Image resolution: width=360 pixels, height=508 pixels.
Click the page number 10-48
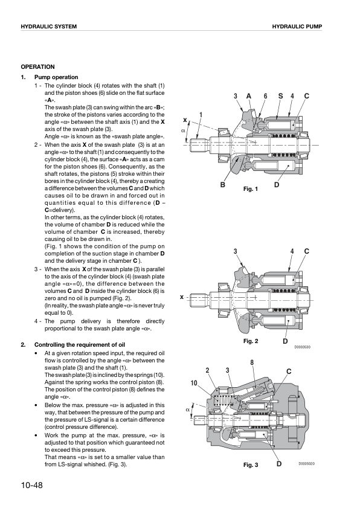tap(32, 485)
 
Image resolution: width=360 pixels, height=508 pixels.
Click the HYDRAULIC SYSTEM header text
tap(48, 27)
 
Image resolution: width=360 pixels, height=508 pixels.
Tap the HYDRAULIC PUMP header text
tap(297, 27)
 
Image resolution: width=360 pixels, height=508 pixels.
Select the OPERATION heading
tap(37, 67)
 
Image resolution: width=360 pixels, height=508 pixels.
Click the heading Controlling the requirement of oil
tap(80, 345)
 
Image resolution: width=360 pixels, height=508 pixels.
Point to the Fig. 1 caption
tap(251, 189)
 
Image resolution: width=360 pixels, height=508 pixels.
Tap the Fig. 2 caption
tap(251, 341)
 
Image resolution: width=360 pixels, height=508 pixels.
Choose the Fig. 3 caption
tap(251, 465)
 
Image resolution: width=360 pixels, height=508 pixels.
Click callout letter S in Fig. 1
tap(281, 96)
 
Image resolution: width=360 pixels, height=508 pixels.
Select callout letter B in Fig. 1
tap(223, 185)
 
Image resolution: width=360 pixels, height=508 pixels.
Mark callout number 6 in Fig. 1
tap(265, 96)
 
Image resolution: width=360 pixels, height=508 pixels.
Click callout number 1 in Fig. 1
tap(201, 115)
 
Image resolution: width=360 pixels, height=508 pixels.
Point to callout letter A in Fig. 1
tap(249, 96)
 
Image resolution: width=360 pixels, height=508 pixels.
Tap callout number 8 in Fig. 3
tap(252, 362)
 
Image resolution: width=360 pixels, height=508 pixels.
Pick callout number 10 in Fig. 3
tap(194, 383)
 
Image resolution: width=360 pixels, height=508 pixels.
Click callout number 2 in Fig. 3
tap(208, 370)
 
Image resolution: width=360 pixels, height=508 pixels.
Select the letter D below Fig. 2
tap(285, 341)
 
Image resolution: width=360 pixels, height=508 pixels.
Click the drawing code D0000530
tap(303, 347)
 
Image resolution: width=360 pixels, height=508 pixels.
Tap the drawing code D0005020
tap(306, 464)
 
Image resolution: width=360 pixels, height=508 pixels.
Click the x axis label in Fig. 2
tap(181, 297)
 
